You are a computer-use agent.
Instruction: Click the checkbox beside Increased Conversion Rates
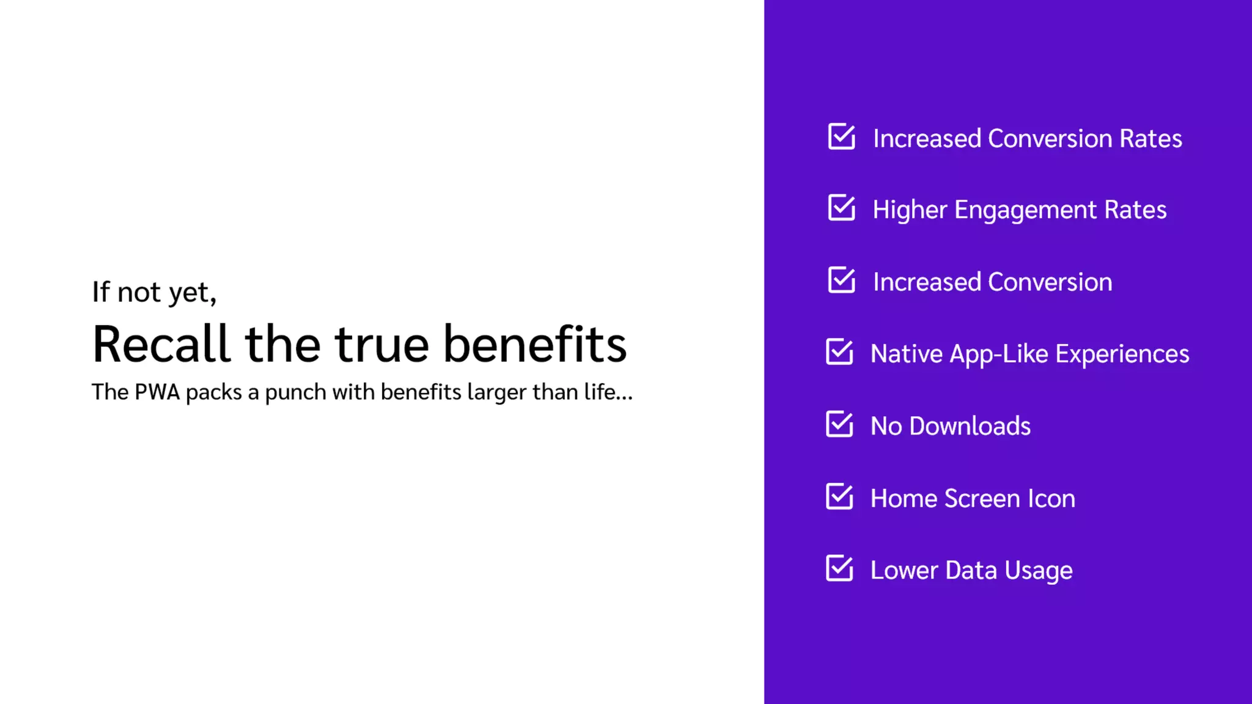(x=841, y=137)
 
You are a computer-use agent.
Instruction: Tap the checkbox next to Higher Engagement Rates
(x=841, y=208)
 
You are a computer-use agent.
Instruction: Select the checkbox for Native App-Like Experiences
(x=839, y=352)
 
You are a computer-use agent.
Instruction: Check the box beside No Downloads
(x=839, y=424)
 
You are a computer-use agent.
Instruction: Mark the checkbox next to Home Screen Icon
(x=839, y=496)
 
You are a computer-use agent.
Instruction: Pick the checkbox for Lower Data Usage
(x=839, y=568)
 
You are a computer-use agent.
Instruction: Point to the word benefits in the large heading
(x=535, y=344)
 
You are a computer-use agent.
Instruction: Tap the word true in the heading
(x=381, y=344)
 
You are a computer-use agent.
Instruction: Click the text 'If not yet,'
(x=154, y=292)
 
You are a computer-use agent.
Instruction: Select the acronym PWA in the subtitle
(x=157, y=392)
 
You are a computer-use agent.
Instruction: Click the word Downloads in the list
(x=970, y=426)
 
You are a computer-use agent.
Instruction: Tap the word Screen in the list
(x=982, y=498)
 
